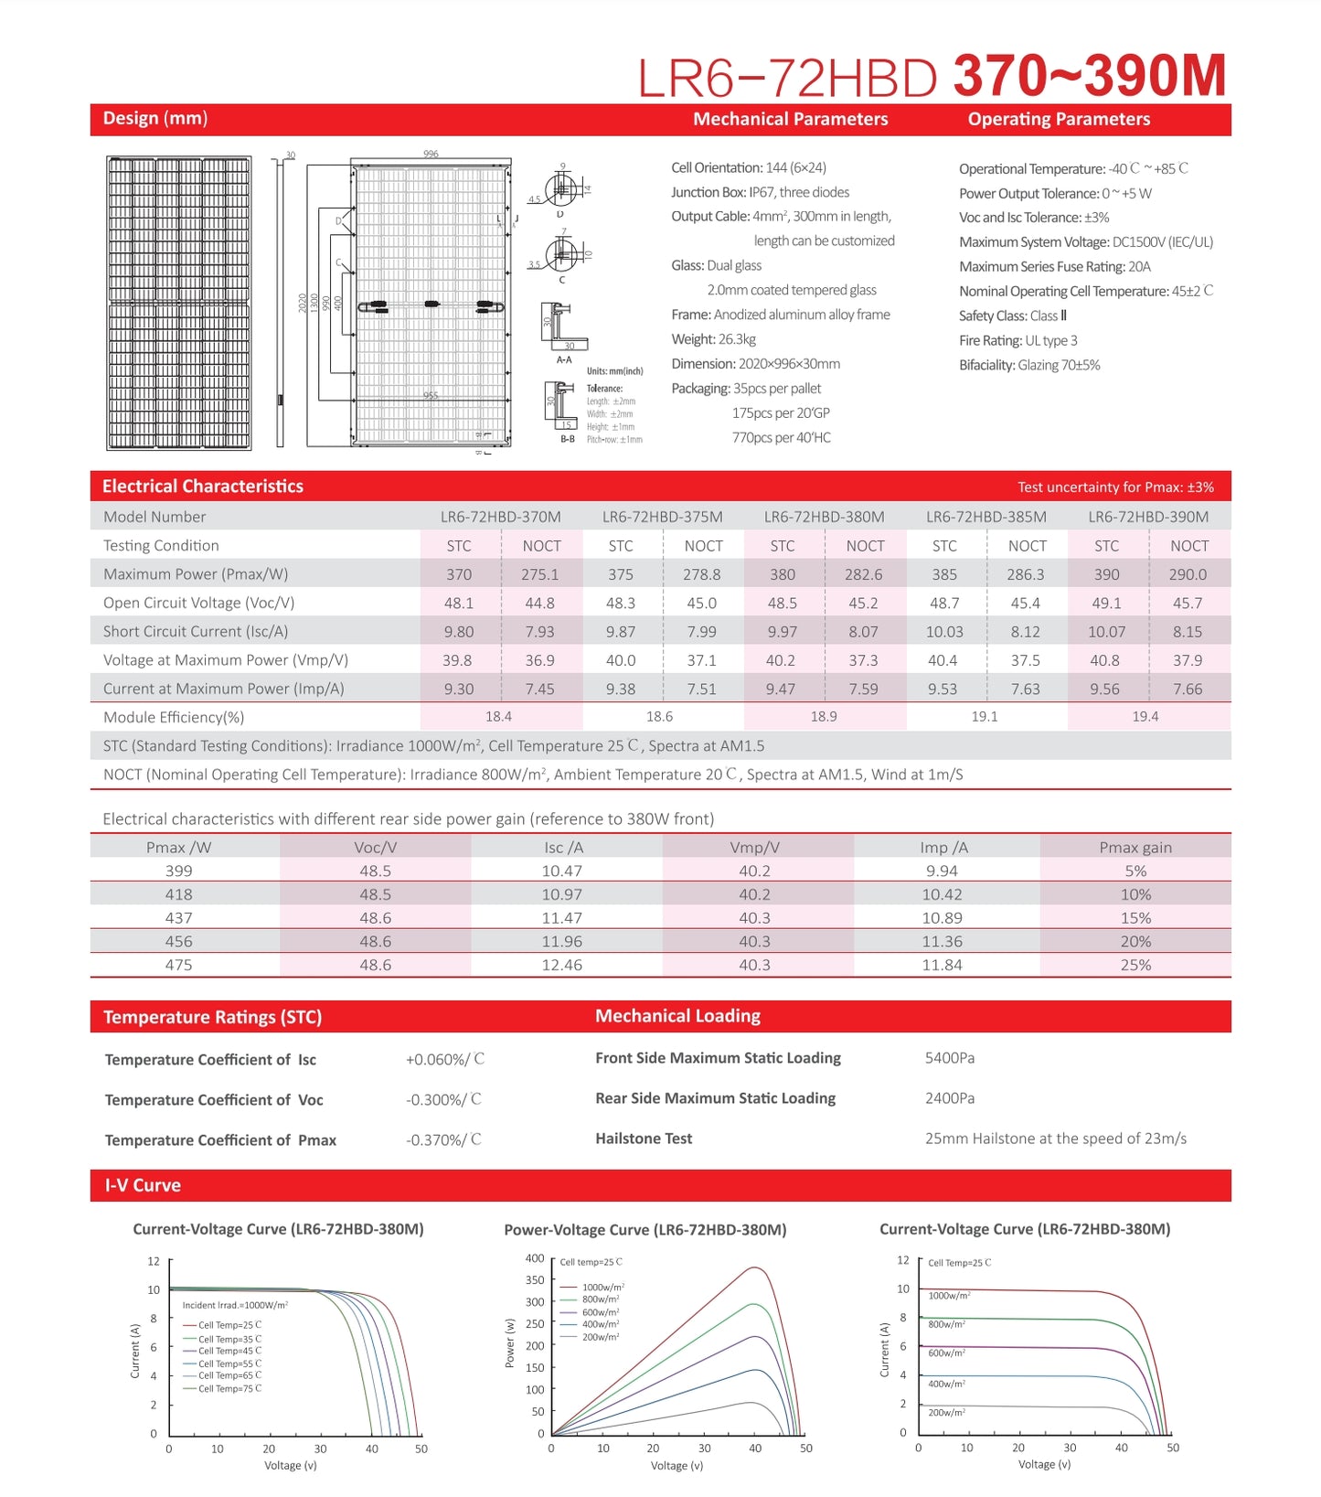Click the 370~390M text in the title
(1089, 76)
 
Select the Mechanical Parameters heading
(790, 119)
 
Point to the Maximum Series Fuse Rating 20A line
(1054, 267)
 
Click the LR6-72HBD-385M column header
(985, 517)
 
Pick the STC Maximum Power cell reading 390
(1106, 574)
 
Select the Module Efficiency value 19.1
(984, 717)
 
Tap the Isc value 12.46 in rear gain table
(561, 965)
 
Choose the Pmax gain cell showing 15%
(1135, 918)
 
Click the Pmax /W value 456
(178, 941)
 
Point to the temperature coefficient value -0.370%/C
(443, 1139)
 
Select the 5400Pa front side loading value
(949, 1058)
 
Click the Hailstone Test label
(644, 1139)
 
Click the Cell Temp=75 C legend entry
(229, 1389)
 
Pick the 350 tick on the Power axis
(535, 1280)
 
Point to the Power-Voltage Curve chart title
(645, 1230)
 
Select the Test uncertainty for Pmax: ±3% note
(1115, 487)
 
